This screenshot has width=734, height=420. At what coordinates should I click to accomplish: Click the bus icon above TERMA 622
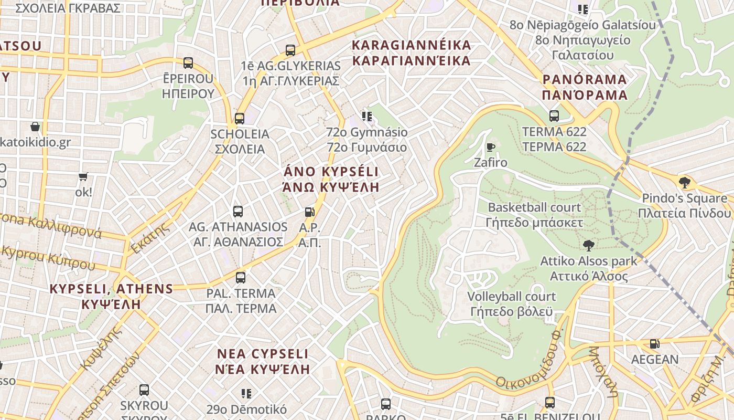(x=554, y=116)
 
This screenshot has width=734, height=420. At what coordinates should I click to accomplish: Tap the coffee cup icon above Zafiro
(x=491, y=147)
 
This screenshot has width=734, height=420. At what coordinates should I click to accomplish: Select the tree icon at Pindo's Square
(x=684, y=183)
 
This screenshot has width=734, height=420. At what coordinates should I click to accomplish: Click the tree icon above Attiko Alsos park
(x=589, y=245)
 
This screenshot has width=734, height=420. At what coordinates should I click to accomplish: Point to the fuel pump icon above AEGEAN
(x=654, y=344)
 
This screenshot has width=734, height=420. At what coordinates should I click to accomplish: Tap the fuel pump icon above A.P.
(x=310, y=212)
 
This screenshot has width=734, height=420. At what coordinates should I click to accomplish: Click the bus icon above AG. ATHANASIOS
(x=238, y=212)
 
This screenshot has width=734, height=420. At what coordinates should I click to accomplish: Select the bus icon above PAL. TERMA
(x=241, y=278)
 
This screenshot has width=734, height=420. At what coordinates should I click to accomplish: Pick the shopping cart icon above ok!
(x=83, y=177)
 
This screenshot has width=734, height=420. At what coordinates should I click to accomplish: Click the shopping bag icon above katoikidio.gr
(x=35, y=127)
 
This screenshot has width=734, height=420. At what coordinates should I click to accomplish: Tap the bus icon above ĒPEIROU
(x=188, y=63)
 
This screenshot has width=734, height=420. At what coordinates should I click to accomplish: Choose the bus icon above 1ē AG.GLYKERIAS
(x=290, y=50)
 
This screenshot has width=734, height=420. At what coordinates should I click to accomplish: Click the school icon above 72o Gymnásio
(x=366, y=117)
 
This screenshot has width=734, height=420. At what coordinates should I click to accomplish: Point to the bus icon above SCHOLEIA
(x=240, y=119)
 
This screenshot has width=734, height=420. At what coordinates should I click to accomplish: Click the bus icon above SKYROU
(x=144, y=390)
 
